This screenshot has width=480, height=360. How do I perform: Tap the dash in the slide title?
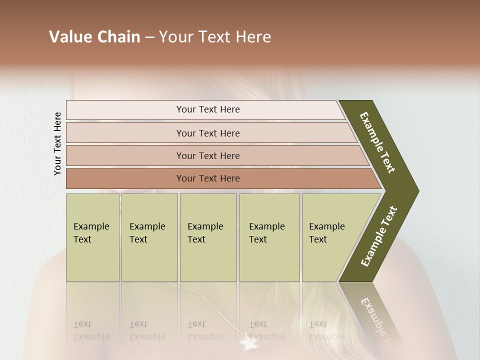149,37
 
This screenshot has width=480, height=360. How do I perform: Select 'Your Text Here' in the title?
215,37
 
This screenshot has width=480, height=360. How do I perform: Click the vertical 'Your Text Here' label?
57,143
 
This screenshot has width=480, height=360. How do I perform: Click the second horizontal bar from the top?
208,133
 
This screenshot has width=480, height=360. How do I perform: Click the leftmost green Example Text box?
92,237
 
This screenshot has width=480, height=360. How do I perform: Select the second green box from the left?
149,237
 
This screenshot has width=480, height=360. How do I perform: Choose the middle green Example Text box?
208,237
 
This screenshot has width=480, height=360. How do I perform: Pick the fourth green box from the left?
269,237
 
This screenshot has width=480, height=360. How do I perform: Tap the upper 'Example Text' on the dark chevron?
377,142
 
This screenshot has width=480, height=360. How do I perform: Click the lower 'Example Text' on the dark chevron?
379,236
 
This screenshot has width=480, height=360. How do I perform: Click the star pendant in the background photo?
246,344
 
